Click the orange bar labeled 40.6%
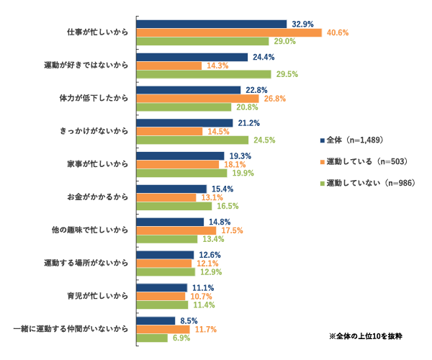(229, 32)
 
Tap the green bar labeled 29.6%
(204, 74)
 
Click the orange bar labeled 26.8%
(197, 99)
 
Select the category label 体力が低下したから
(94, 99)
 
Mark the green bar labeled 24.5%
(192, 140)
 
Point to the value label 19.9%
(242, 174)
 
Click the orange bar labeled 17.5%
(176, 230)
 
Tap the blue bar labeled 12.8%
(165, 255)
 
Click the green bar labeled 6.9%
(152, 338)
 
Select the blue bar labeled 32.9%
(212, 24)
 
